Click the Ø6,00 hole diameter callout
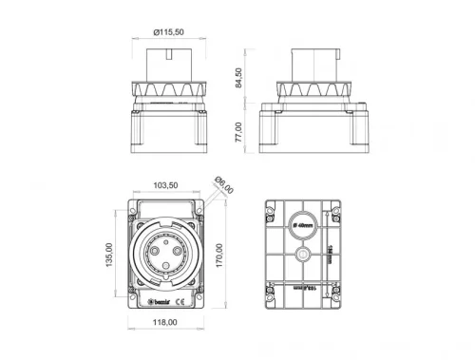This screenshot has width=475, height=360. coord(223,183)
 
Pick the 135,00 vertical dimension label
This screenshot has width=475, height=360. coord(109,255)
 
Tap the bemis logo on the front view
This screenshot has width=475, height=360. coord(155,302)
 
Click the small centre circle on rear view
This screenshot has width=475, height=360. coord(302,256)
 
